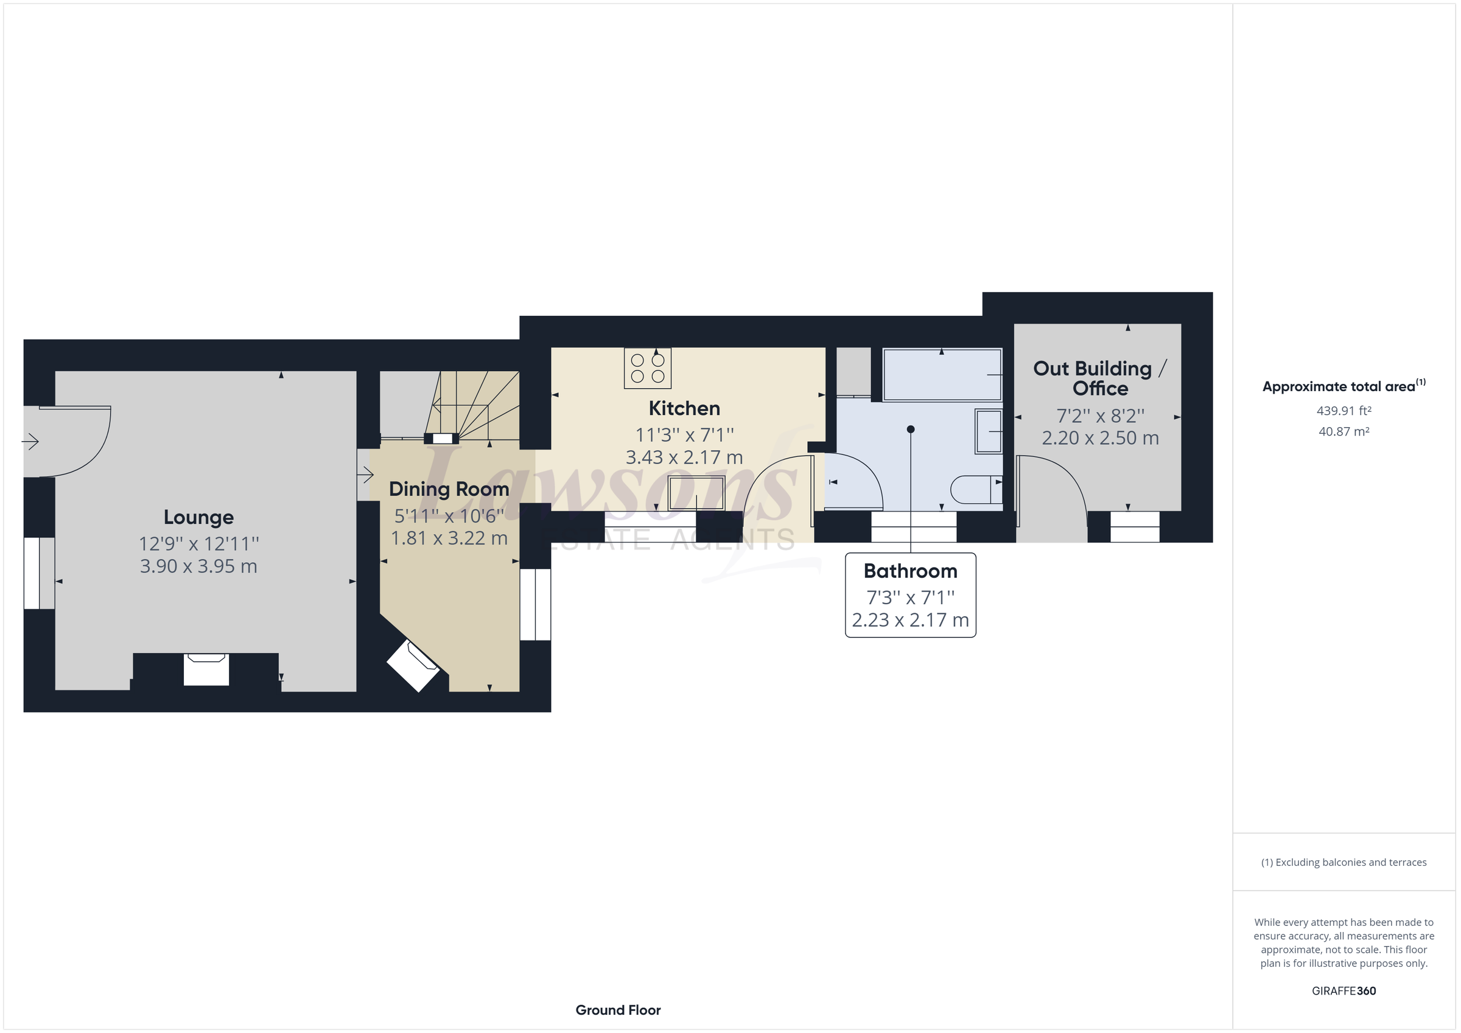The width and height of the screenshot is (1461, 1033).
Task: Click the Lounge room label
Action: (x=198, y=518)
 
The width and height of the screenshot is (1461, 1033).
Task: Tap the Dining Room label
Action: (x=449, y=489)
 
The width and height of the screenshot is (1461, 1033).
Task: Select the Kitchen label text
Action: (x=684, y=408)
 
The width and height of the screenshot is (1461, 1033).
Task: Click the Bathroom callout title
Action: (x=911, y=571)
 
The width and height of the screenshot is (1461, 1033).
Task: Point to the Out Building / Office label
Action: (x=1100, y=378)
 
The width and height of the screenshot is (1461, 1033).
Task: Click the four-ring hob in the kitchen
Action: (x=648, y=367)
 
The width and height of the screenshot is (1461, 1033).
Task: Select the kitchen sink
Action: (x=696, y=493)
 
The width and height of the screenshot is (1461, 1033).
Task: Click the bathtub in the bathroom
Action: (x=942, y=375)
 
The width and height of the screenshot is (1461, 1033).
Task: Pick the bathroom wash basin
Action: (x=989, y=432)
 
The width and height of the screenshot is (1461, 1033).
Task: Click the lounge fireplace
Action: (x=206, y=669)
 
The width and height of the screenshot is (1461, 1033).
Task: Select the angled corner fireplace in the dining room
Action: (x=413, y=665)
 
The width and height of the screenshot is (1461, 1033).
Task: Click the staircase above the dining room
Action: (x=472, y=405)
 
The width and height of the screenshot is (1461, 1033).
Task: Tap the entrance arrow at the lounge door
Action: (x=30, y=441)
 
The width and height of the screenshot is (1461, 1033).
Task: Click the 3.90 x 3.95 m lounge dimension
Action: (x=198, y=566)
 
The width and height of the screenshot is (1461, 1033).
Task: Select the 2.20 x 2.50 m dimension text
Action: (x=1100, y=438)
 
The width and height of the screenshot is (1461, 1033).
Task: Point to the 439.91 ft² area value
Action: (x=1344, y=411)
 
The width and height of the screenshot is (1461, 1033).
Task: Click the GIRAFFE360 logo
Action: (x=1344, y=991)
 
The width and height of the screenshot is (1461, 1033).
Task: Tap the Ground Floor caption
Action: (x=618, y=1010)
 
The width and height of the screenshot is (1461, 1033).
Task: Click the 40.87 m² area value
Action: (x=1344, y=431)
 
